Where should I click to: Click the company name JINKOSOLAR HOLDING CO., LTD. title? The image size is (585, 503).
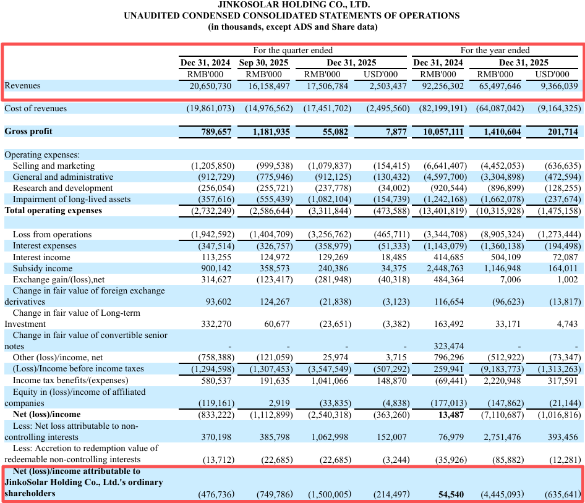point(292,5)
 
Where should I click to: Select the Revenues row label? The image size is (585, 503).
point(23,86)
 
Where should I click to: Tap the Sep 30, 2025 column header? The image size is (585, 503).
point(264,62)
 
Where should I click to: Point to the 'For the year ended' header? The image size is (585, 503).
point(495,50)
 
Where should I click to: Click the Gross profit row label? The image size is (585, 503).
point(28,132)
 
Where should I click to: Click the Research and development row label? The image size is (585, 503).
point(62,188)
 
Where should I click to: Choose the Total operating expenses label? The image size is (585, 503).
point(53,211)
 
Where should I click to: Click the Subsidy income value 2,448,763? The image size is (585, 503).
point(441,269)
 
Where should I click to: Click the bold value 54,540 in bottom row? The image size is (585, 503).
point(450,494)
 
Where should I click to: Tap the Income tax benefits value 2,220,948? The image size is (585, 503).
point(498,380)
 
